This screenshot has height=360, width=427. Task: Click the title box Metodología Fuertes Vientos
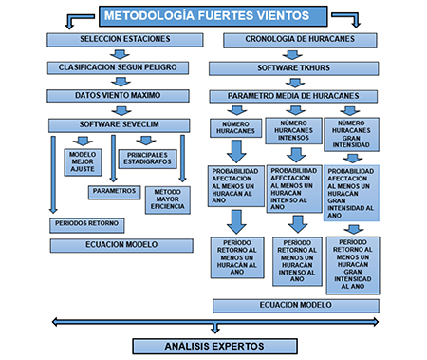pyautogui.click(x=213, y=15)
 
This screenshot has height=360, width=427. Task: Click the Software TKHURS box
pyautogui.click(x=294, y=67)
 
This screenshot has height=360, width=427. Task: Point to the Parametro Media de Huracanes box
pyautogui.click(x=294, y=96)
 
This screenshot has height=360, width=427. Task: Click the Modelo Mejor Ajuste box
pyautogui.click(x=82, y=162)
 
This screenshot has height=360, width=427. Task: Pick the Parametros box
pyautogui.click(x=115, y=191)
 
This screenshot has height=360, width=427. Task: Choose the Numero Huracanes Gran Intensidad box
pyautogui.click(x=351, y=132)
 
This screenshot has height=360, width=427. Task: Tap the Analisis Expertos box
pyautogui.click(x=214, y=346)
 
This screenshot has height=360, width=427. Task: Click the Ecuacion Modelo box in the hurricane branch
pyautogui.click(x=295, y=305)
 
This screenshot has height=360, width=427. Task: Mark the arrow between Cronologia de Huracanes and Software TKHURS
pyautogui.click(x=294, y=53)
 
